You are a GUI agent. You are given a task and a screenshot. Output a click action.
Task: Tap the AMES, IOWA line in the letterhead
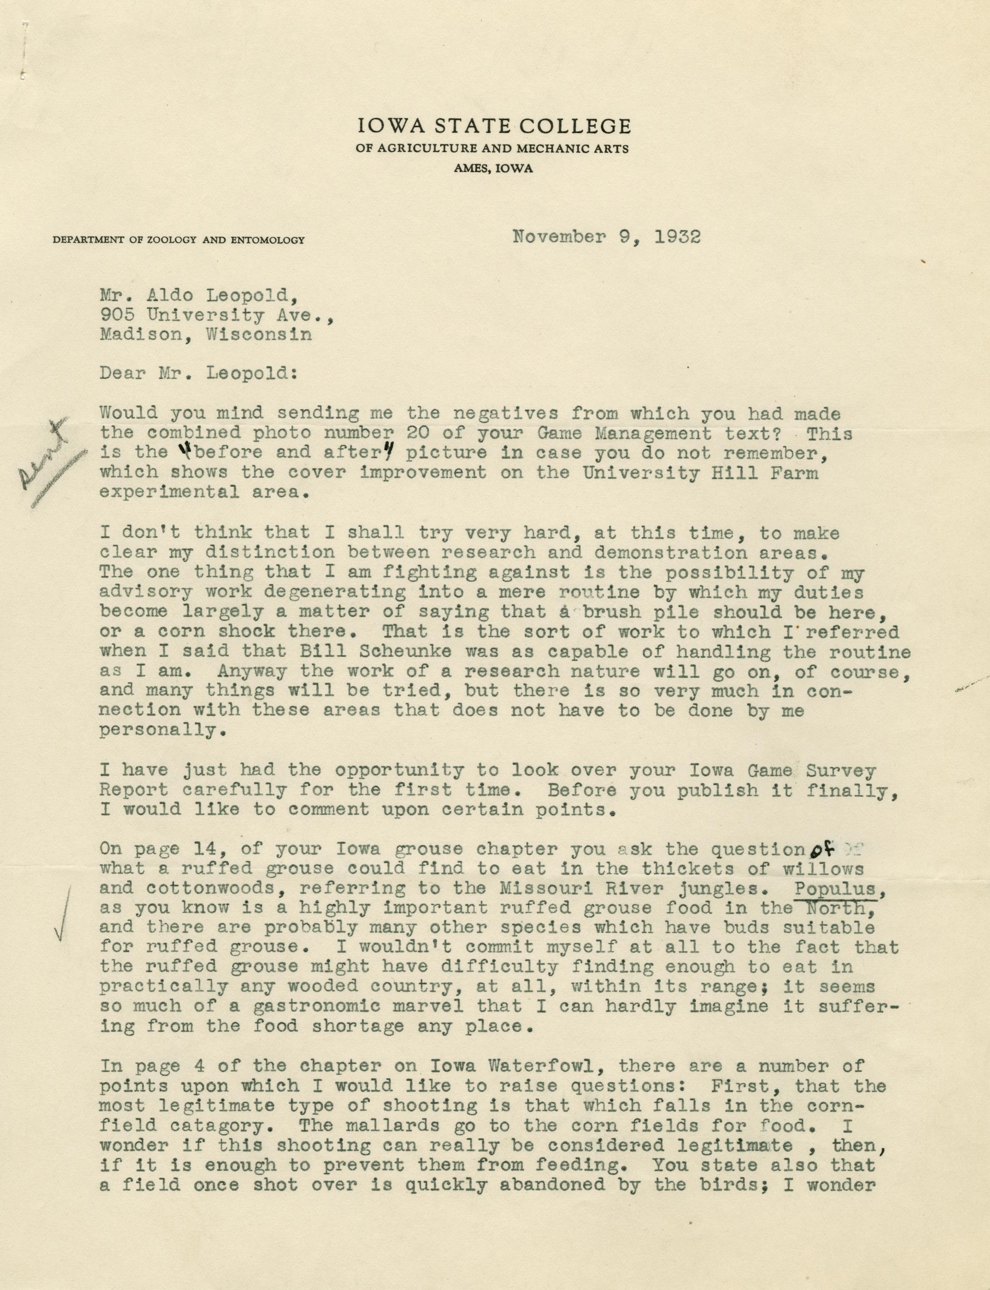(493, 168)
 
